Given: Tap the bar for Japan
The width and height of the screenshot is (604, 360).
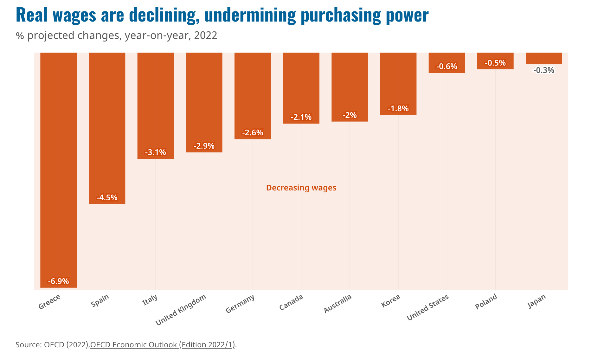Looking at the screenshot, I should click(544, 58).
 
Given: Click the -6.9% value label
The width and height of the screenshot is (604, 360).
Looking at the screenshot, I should click(58, 281).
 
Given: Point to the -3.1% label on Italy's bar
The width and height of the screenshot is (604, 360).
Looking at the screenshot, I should click(156, 152).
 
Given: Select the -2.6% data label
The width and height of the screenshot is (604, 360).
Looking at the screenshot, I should click(253, 132).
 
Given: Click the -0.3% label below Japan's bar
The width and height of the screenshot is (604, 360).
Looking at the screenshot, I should click(544, 70).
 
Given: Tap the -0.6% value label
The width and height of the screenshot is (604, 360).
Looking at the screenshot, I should click(447, 66).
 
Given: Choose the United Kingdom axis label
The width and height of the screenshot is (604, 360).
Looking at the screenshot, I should click(181, 310).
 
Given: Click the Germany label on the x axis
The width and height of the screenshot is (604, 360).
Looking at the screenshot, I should click(240, 304).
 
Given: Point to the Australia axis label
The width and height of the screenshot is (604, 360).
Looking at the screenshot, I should click(337, 304).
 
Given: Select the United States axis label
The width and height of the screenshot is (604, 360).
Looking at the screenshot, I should click(428, 307).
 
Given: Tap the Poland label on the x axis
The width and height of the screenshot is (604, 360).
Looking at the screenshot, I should click(486, 301).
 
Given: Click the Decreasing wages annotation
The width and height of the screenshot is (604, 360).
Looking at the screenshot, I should click(301, 188).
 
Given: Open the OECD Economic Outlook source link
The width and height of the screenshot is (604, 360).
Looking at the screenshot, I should click(163, 344).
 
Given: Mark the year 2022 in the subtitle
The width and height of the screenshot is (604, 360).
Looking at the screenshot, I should click(205, 35).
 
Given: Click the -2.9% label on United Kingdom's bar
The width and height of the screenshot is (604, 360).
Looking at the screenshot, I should click(204, 146).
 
